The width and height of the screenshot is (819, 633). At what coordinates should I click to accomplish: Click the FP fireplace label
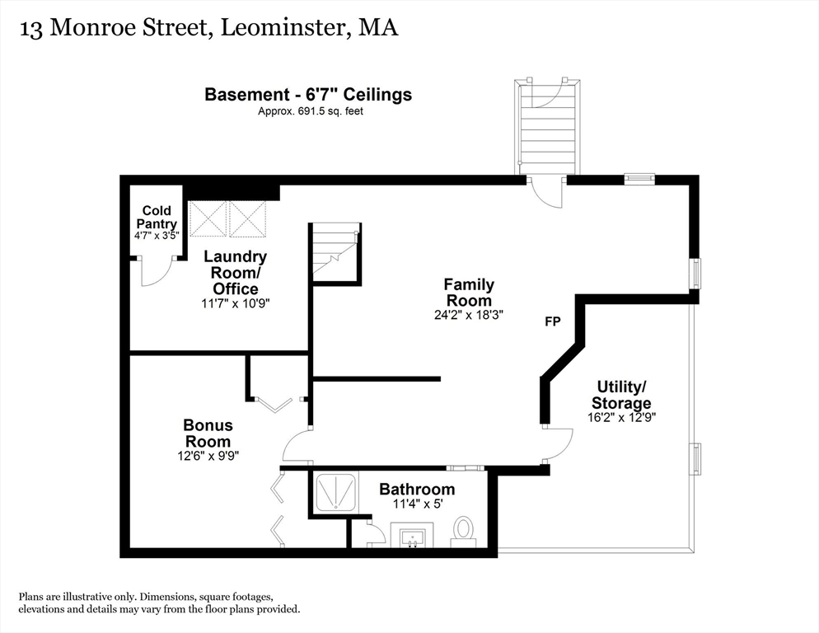552,321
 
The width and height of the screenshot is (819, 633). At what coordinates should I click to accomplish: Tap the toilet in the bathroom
463,531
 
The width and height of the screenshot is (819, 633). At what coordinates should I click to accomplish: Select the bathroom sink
411,538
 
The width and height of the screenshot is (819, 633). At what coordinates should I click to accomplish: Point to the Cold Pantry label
157,217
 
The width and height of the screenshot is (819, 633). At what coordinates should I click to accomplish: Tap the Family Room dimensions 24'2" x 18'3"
470,314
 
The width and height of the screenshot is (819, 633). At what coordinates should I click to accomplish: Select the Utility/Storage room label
622,395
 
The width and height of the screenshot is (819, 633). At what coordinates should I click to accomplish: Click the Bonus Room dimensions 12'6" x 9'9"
208,455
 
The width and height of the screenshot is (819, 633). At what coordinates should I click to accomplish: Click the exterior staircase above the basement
546,127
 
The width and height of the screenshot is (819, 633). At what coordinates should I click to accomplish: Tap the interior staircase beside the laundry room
335,251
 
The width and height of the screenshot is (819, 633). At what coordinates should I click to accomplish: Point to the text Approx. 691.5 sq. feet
309,110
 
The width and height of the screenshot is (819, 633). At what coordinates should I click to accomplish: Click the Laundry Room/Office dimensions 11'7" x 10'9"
236,303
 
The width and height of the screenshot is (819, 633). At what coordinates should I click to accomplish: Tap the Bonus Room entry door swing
295,447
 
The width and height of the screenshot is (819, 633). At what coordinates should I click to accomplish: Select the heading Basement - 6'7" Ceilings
308,95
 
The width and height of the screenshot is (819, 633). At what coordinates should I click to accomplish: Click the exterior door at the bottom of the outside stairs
546,191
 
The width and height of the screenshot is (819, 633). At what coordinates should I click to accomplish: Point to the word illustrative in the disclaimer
88,596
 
